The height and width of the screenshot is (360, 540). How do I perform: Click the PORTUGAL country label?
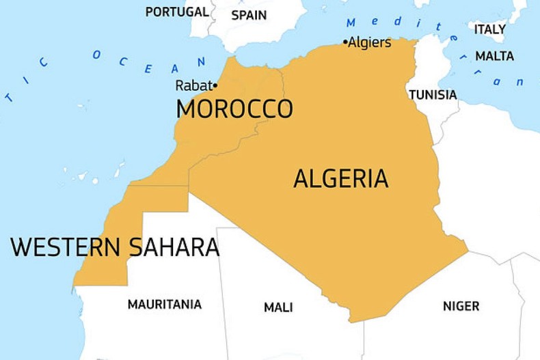pos(177,12)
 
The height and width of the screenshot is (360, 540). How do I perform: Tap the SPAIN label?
pos(249,14)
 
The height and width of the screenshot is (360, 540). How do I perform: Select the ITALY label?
pos(490,29)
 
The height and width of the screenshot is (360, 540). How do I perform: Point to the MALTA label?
pos(494,56)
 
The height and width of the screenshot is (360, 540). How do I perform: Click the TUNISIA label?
pos(433,95)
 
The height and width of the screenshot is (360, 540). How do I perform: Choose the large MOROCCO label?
pos(234,109)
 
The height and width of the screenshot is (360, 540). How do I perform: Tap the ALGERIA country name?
pos(340,178)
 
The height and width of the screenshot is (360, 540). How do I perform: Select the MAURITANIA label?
pos(164,304)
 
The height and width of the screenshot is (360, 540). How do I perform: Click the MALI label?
pos(278,307)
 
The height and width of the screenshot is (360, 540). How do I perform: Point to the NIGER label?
pos(461,306)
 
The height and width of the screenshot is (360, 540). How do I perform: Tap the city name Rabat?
pos(193,85)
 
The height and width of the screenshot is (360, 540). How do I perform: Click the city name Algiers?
pos(370,42)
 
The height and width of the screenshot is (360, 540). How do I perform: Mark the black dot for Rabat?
pos(215,85)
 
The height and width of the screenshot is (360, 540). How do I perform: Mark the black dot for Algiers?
pos(345,42)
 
